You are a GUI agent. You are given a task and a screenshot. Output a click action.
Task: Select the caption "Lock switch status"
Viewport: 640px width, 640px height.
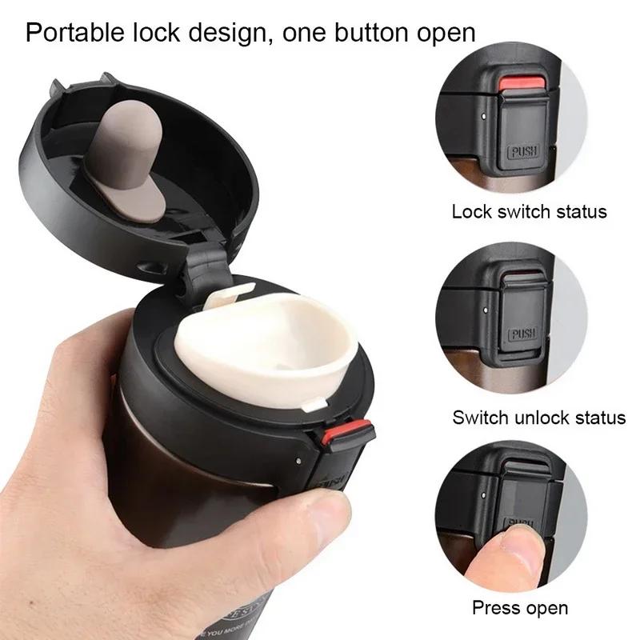tap(529, 212)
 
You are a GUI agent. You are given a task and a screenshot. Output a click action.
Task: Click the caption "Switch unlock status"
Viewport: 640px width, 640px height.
tap(538, 417)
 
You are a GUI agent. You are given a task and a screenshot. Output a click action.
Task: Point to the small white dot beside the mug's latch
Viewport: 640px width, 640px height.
tap(297, 462)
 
